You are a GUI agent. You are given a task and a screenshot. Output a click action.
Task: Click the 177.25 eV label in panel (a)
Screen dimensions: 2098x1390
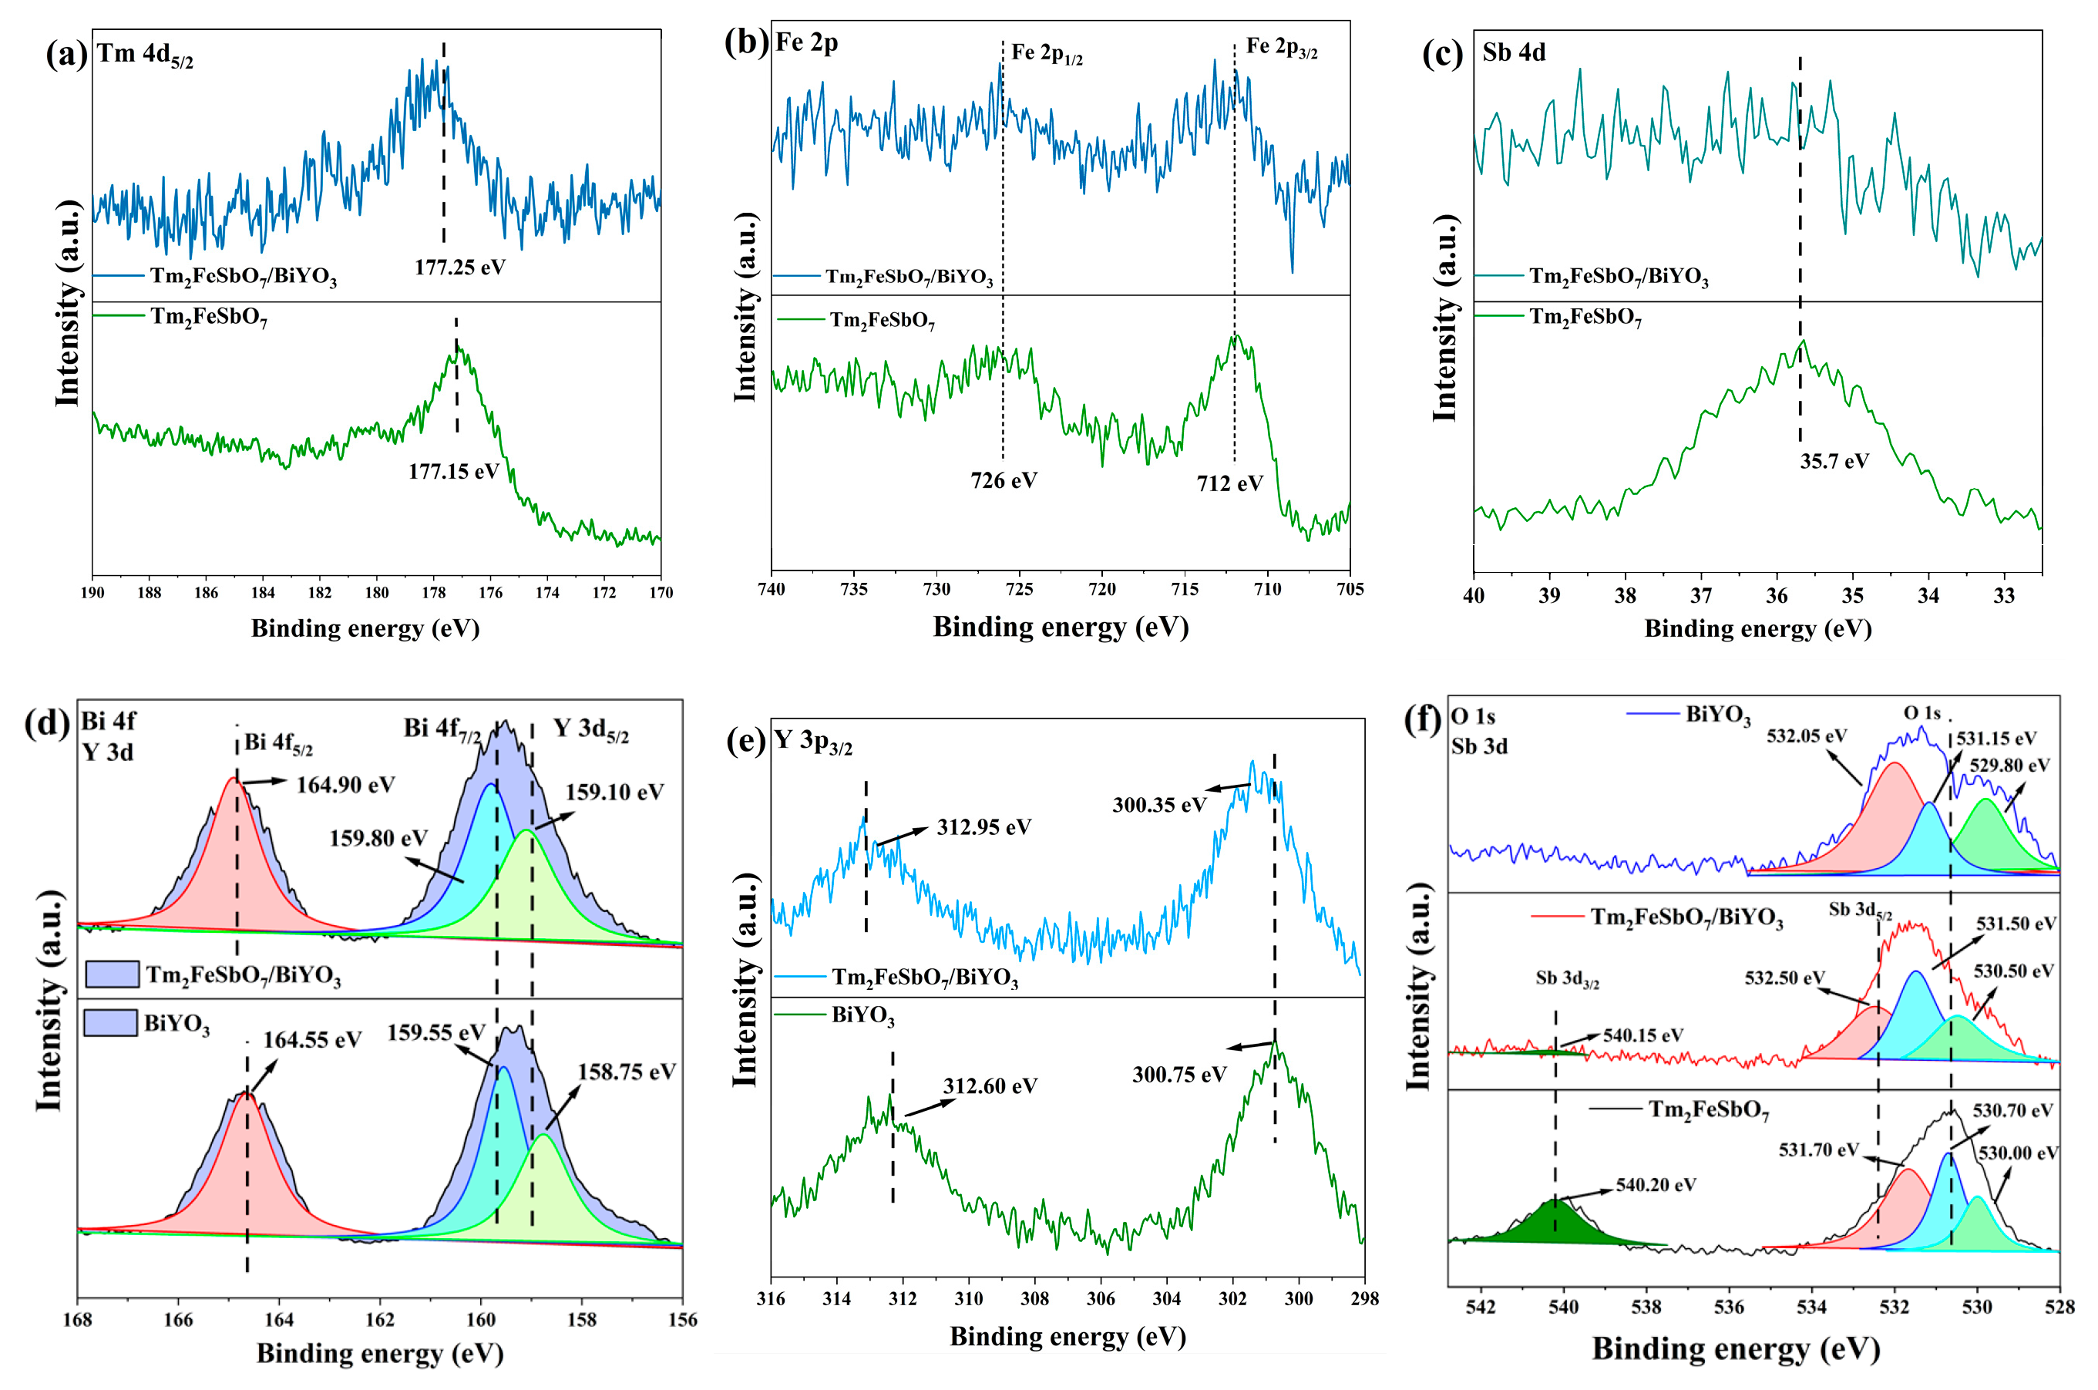[460, 267]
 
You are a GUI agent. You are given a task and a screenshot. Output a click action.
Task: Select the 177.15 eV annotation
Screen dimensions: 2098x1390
[454, 472]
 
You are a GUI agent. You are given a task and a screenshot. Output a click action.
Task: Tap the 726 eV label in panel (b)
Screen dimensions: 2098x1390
[1004, 480]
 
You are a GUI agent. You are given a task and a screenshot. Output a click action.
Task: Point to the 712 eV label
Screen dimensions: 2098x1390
[1229, 483]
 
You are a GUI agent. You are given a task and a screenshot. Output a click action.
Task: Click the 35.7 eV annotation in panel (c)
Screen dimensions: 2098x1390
[1834, 461]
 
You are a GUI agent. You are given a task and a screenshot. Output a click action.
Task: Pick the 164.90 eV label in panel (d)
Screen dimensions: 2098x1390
[345, 785]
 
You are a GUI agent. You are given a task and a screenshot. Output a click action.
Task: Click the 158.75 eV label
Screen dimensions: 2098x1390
[627, 1072]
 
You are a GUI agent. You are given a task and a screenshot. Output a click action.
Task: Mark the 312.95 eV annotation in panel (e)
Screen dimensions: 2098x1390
[983, 827]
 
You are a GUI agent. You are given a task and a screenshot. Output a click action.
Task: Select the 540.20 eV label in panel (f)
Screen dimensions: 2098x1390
[1656, 1185]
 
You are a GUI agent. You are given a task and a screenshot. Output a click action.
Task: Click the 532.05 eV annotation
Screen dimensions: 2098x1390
[1807, 735]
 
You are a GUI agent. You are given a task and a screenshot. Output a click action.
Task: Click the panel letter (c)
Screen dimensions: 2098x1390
[1442, 54]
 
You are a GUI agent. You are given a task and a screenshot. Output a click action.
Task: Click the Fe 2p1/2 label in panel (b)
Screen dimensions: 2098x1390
[1047, 54]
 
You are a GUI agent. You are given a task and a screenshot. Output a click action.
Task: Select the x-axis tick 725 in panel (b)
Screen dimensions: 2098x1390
[1020, 590]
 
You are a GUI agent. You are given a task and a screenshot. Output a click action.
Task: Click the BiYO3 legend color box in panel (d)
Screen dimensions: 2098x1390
[111, 1023]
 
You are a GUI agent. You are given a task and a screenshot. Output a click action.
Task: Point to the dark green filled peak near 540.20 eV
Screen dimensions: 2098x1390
[1555, 1224]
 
